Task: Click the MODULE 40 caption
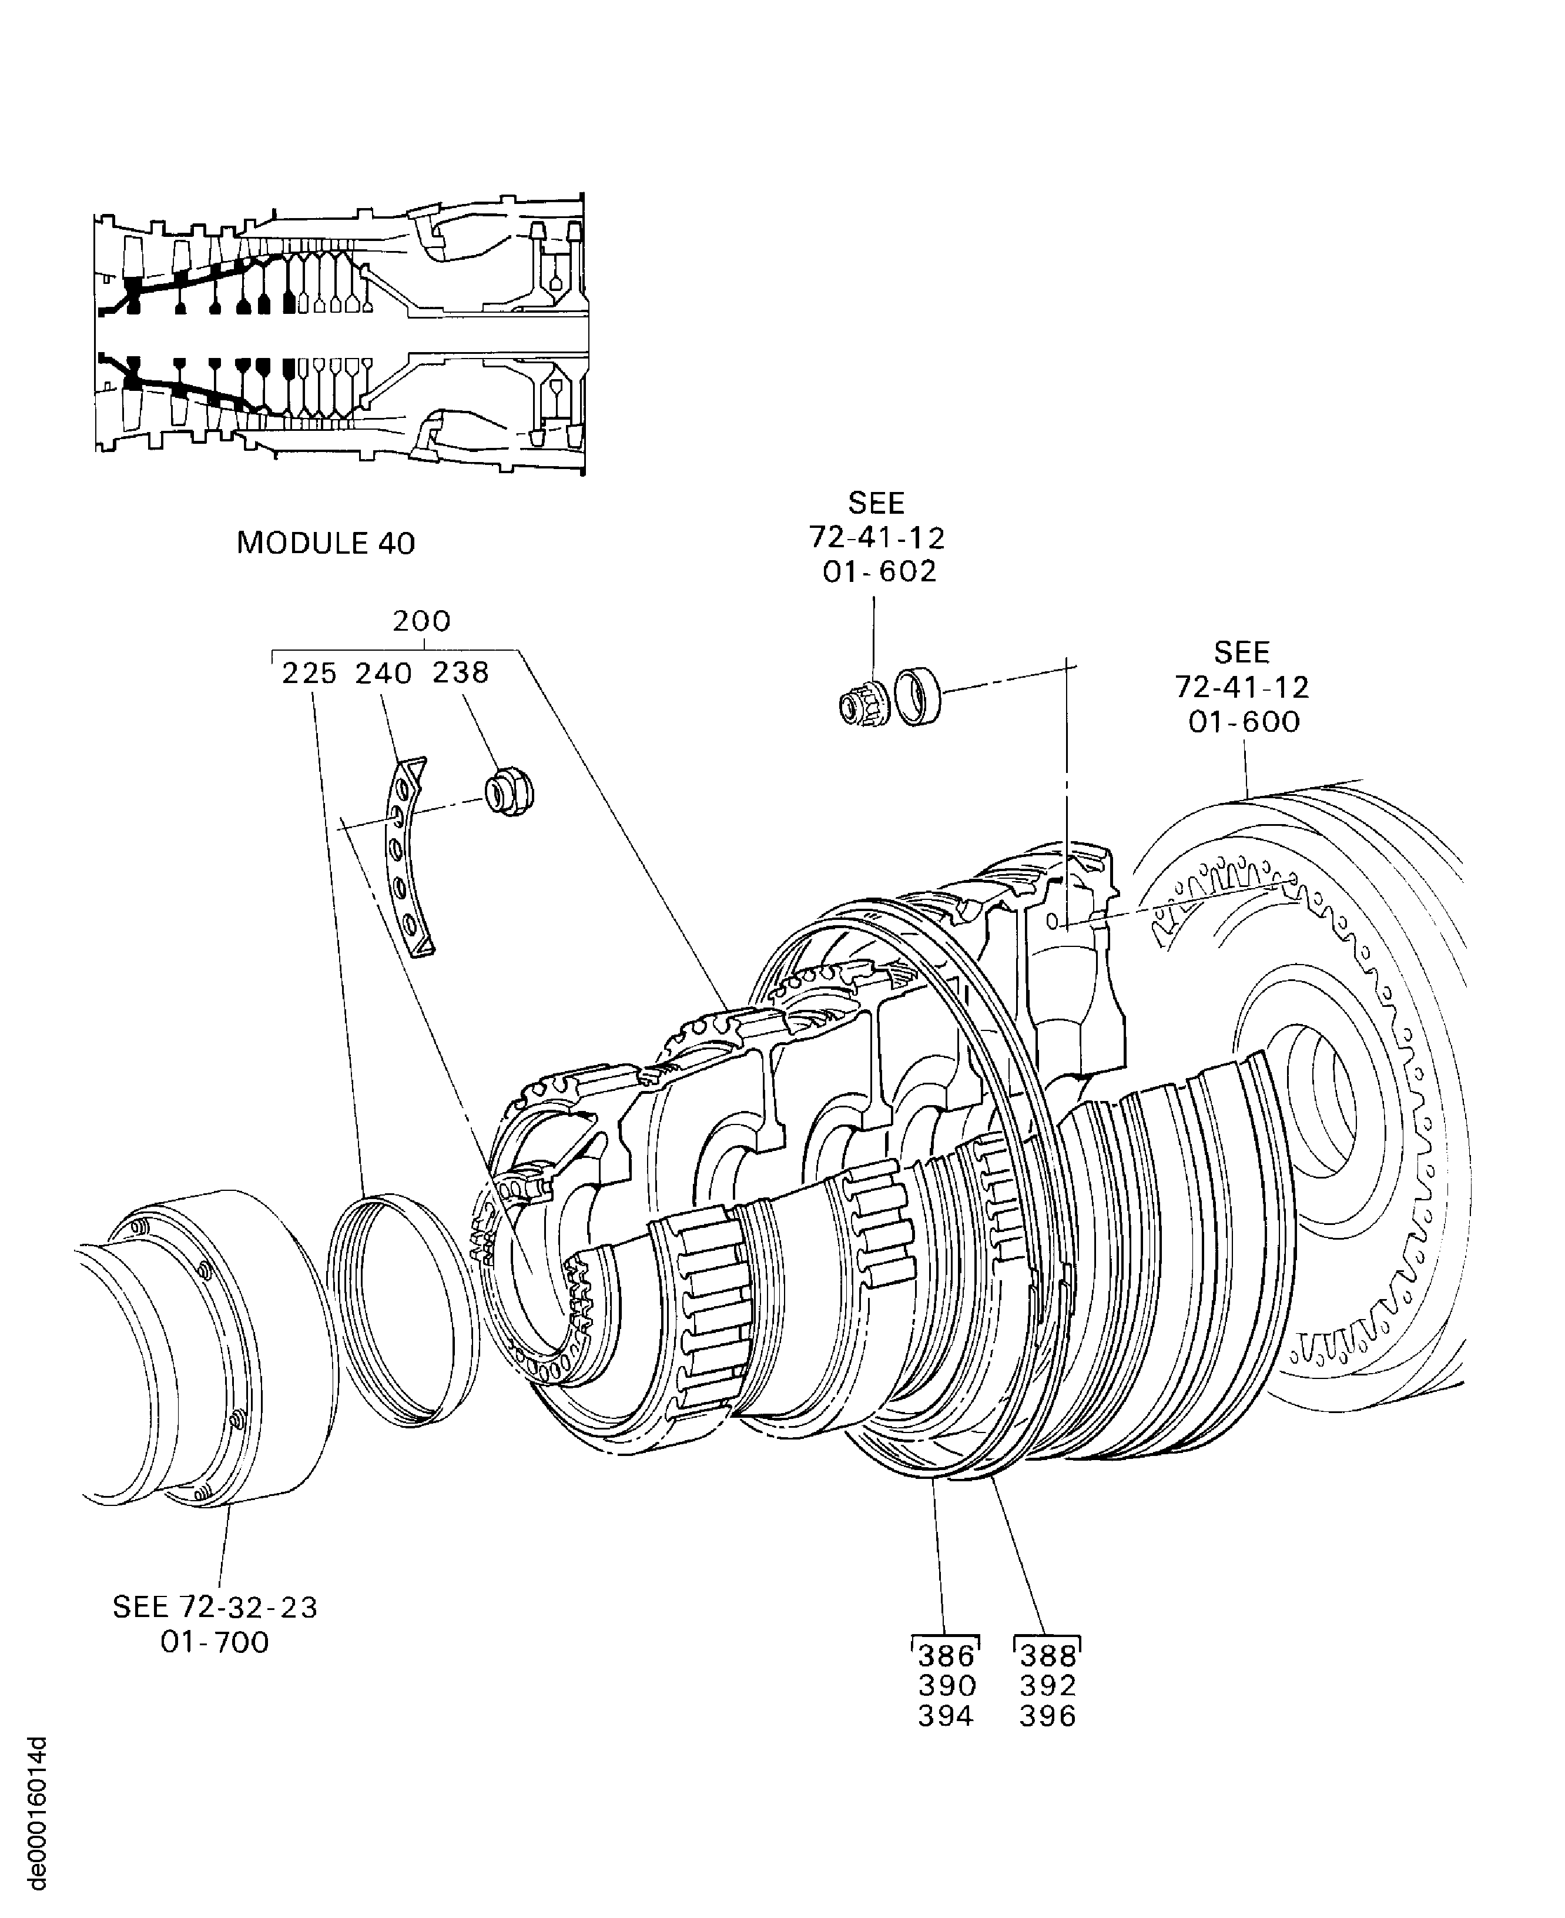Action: click(x=326, y=544)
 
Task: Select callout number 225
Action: click(x=309, y=674)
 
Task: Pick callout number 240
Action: click(x=383, y=674)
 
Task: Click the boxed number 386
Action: click(x=946, y=1656)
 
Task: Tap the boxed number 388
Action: click(x=1047, y=1656)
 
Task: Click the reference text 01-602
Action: click(x=879, y=572)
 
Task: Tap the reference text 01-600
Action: click(x=1244, y=721)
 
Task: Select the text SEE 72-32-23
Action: click(x=215, y=1607)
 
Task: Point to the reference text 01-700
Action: click(x=215, y=1642)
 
